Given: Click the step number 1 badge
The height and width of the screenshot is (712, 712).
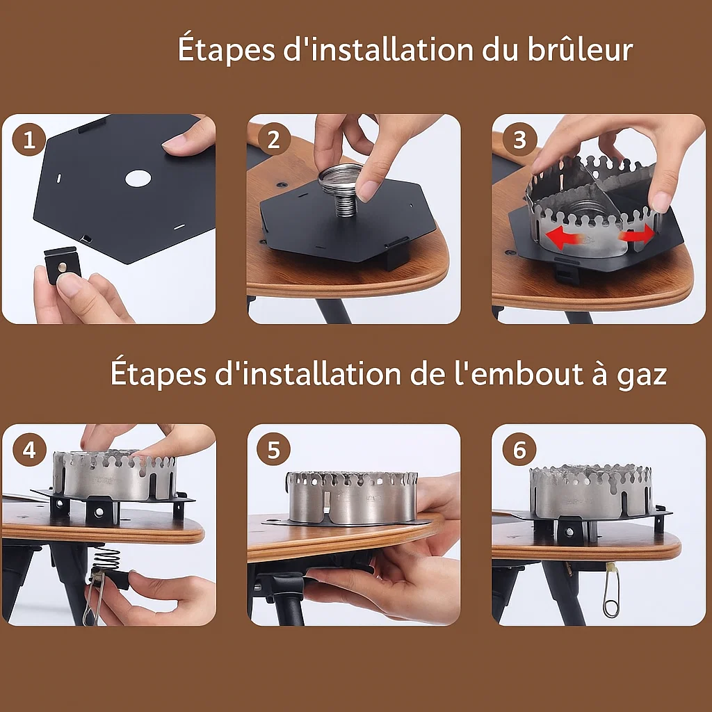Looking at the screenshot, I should click(x=29, y=140).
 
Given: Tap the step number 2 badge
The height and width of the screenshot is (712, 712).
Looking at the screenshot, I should click(x=273, y=140).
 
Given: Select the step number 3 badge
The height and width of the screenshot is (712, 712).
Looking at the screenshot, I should click(x=519, y=140).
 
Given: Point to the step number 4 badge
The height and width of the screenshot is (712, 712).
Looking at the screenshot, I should click(x=29, y=450).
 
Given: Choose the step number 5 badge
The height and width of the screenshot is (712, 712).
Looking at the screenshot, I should click(x=273, y=450).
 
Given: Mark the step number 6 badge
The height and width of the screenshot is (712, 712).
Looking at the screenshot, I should click(x=519, y=450).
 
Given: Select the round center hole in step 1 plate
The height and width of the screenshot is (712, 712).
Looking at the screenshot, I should click(x=138, y=178).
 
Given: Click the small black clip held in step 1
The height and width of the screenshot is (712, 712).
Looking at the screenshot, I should click(x=62, y=265).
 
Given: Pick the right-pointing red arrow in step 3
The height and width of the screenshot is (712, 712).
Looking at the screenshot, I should click(x=638, y=235).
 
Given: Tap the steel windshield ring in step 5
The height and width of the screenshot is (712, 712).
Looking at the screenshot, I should click(x=353, y=497).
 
